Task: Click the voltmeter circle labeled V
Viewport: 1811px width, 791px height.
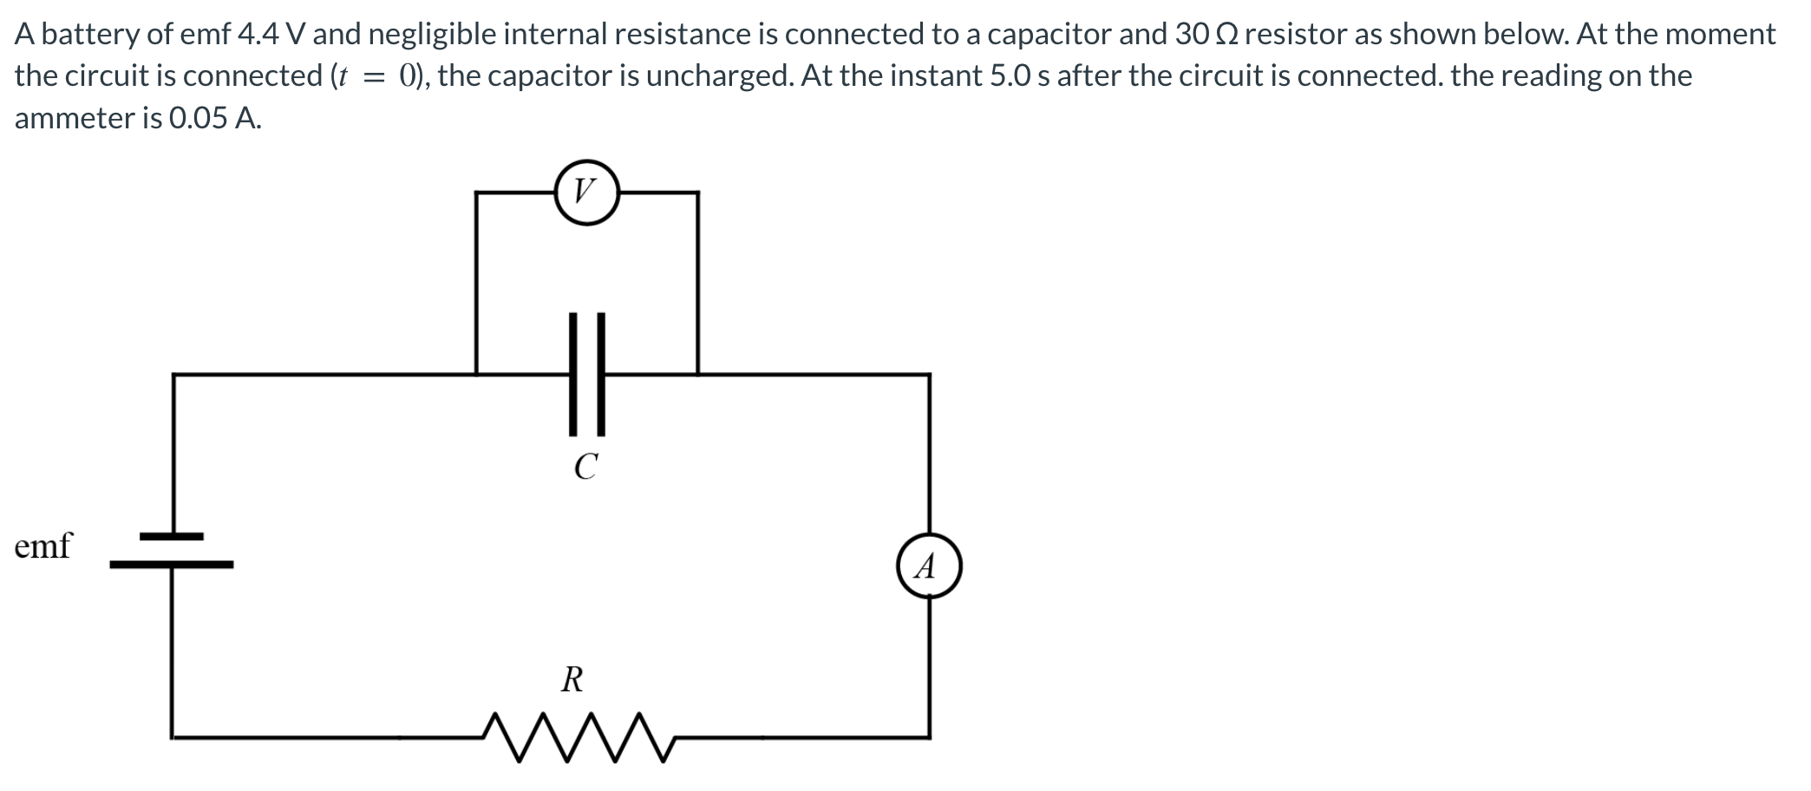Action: tap(586, 192)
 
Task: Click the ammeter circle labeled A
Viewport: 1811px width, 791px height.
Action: tap(929, 565)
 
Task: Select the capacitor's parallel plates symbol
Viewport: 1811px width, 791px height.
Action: tap(586, 374)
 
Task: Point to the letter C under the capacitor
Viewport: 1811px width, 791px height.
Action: tap(586, 467)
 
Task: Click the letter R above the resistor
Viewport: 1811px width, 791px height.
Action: tap(572, 679)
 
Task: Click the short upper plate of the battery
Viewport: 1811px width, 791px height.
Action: tap(172, 536)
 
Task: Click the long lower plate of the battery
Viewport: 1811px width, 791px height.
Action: tap(172, 565)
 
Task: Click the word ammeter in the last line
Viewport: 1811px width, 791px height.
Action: tap(75, 118)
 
